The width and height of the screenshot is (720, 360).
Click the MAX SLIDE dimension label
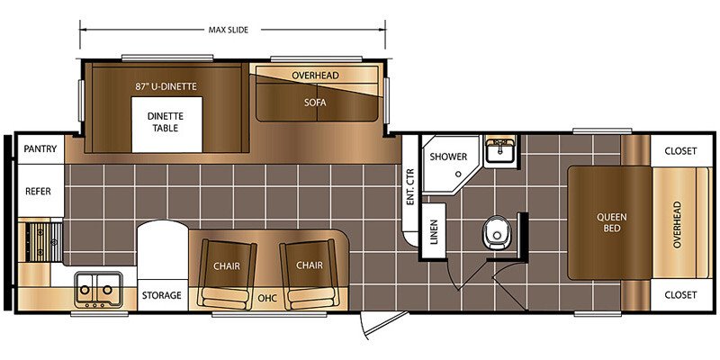(229, 31)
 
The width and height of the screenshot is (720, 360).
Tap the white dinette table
(166, 124)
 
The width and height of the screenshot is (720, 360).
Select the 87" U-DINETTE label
(166, 85)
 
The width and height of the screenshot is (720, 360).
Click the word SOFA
(315, 103)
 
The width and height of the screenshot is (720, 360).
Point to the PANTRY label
(40, 148)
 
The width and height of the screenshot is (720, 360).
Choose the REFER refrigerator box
(40, 191)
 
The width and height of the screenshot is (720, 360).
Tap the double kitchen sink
(99, 289)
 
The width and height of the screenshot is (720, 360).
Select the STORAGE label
(161, 295)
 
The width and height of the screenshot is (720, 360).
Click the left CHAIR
(227, 274)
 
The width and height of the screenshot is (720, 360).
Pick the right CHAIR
(309, 274)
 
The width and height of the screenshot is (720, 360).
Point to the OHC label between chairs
(267, 299)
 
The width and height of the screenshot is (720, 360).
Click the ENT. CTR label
(410, 187)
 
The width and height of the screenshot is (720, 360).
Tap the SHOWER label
(448, 157)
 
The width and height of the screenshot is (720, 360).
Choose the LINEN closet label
(434, 231)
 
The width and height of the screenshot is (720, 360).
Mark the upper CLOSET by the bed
(680, 151)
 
